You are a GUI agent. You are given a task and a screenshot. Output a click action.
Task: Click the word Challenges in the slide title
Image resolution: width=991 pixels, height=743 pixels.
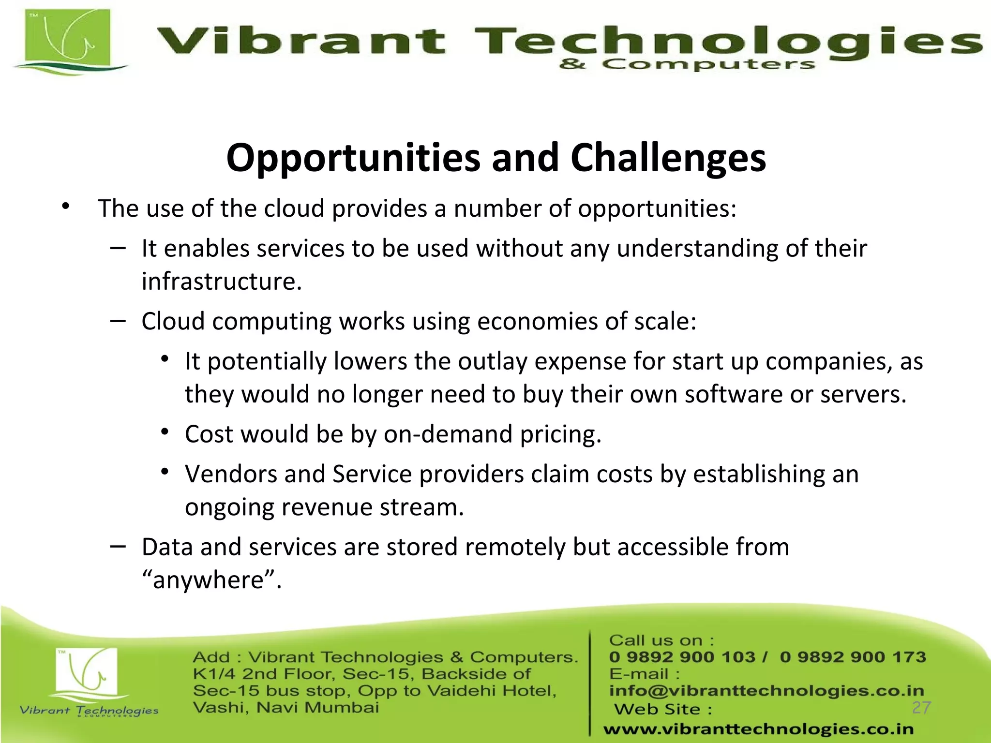pos(668,158)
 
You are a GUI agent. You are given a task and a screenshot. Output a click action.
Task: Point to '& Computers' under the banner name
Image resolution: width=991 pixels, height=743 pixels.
pos(687,65)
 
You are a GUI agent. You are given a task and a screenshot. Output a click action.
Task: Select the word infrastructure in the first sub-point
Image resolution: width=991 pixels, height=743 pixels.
pos(221,282)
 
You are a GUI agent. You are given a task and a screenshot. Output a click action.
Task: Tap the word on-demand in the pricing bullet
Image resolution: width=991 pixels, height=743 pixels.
pos(448,434)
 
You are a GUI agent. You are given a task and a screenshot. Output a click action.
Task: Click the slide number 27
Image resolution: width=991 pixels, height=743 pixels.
pos(921,708)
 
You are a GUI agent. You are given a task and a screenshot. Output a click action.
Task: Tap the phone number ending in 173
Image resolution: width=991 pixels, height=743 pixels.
pos(853,657)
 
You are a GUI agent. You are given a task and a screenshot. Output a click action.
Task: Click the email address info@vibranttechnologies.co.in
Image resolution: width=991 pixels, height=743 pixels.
pos(766,691)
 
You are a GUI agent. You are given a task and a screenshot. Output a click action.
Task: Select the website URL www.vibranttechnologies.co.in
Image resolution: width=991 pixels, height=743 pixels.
pos(758,729)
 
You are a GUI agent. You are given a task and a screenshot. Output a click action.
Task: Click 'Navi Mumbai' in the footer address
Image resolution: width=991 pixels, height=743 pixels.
pos(317,708)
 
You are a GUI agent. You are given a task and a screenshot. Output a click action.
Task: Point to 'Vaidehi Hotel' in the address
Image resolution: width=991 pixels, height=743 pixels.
pos(491,691)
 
